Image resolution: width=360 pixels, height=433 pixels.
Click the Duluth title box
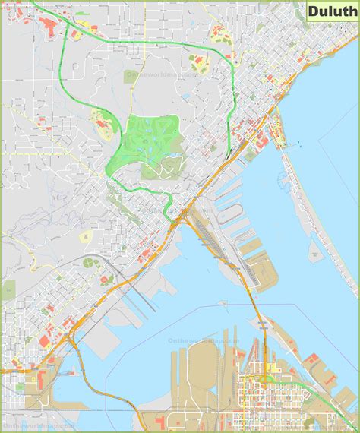coord(330,11)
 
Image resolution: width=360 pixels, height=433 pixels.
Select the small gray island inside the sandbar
coord(314,248)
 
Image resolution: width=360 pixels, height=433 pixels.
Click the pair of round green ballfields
coord(91,263)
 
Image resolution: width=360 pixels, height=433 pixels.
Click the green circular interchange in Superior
coord(267,379)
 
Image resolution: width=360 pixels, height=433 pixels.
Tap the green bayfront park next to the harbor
coord(251,154)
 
